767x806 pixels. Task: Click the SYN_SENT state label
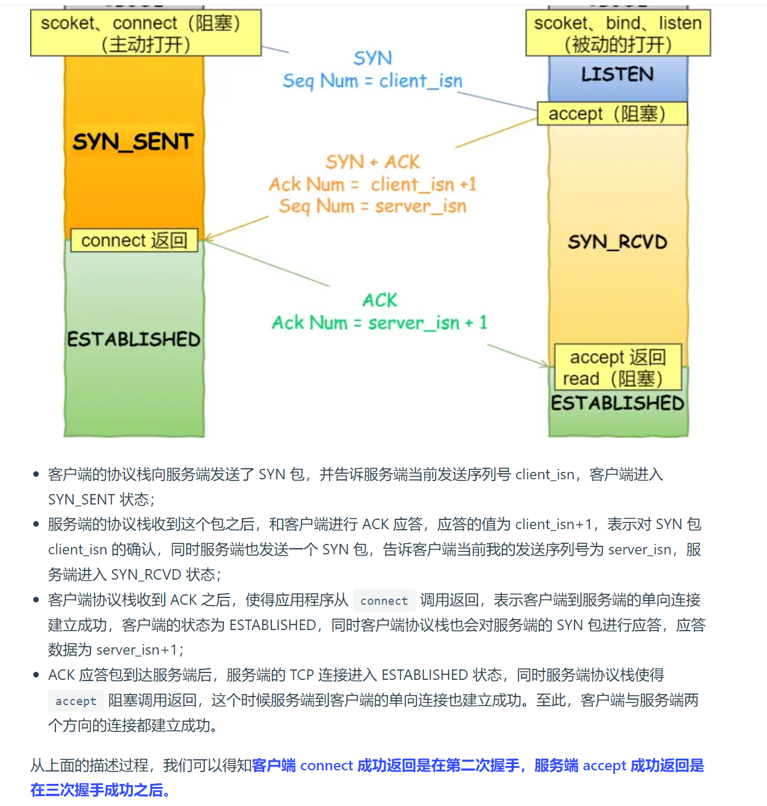(x=133, y=142)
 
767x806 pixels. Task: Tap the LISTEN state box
(x=618, y=75)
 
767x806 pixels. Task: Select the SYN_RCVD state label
(x=618, y=242)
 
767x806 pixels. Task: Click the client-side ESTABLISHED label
(x=133, y=339)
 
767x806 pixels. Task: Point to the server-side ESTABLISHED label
(x=618, y=403)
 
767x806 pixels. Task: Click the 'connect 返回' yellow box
(x=134, y=240)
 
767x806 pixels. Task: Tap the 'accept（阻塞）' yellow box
(x=612, y=114)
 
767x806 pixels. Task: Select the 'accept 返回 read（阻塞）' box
(x=618, y=367)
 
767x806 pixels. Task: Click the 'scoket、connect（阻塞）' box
(x=146, y=33)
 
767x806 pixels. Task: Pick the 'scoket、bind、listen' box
(x=618, y=33)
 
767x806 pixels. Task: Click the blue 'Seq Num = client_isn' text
(x=372, y=81)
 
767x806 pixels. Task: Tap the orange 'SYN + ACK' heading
(x=372, y=162)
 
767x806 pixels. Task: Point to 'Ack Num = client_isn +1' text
(x=372, y=184)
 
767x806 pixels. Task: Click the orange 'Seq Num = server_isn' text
(x=372, y=206)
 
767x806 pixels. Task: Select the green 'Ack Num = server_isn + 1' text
(x=379, y=322)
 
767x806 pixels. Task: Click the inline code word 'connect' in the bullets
(x=384, y=601)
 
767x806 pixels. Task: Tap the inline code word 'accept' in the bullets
(x=76, y=701)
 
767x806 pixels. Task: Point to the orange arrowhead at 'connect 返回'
(x=208, y=237)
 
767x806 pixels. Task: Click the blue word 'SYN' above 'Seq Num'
(x=372, y=58)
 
